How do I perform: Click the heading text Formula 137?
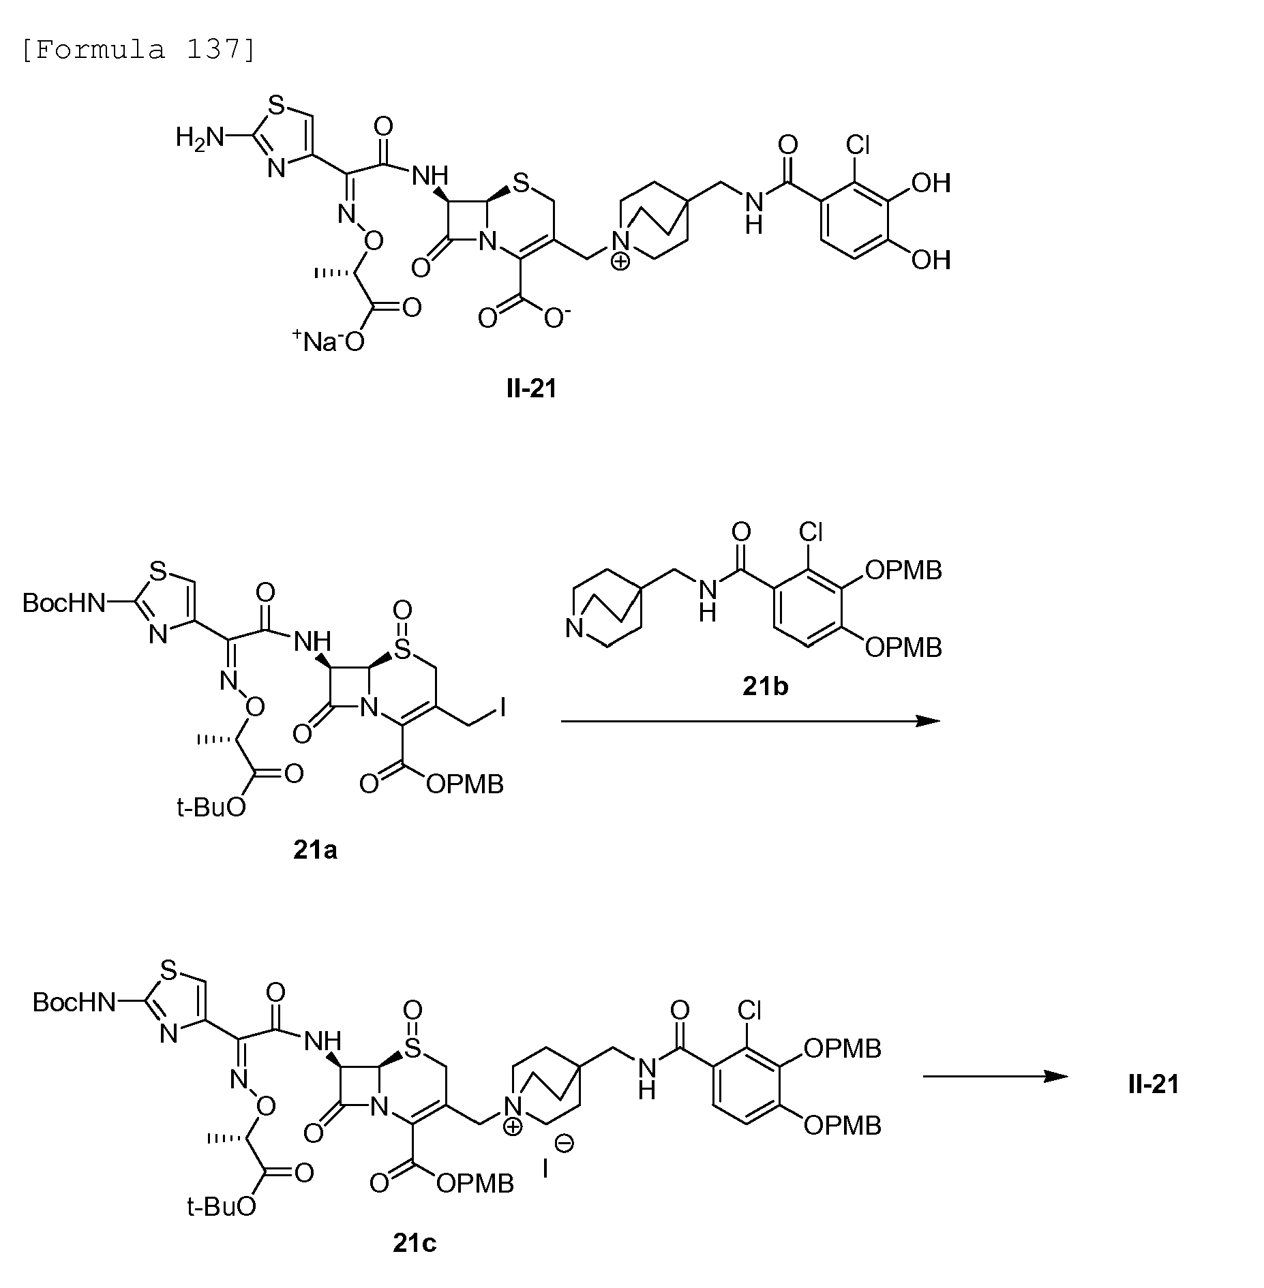(138, 50)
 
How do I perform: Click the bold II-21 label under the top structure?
(532, 388)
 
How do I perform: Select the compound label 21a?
(315, 850)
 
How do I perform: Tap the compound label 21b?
(765, 686)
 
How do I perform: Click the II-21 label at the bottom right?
(1154, 1084)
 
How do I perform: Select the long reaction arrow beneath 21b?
(750, 721)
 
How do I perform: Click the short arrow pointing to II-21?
(995, 1077)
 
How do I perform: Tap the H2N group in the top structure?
(200, 138)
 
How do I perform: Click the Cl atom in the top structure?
(858, 144)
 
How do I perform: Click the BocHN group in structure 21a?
(65, 602)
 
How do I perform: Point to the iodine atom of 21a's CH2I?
(503, 709)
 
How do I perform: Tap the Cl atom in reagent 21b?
(811, 532)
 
